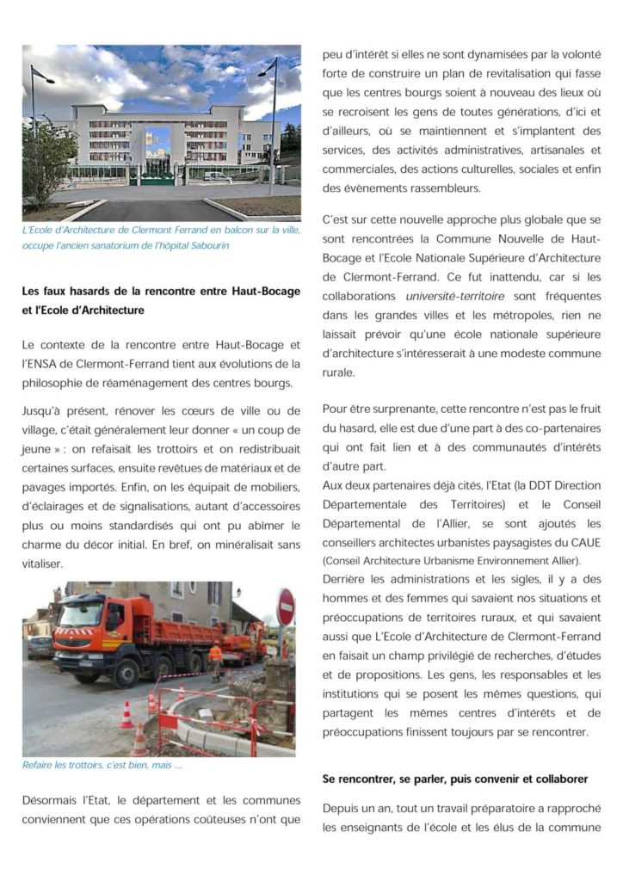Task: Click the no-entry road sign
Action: [x=285, y=607]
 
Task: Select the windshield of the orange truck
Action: [x=80, y=614]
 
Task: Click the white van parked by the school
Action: [x=218, y=176]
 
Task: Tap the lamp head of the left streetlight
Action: [x=45, y=77]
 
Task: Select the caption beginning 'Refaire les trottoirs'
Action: [x=103, y=765]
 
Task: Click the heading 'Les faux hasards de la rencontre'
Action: [x=162, y=292]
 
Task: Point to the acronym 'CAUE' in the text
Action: [x=583, y=542]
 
